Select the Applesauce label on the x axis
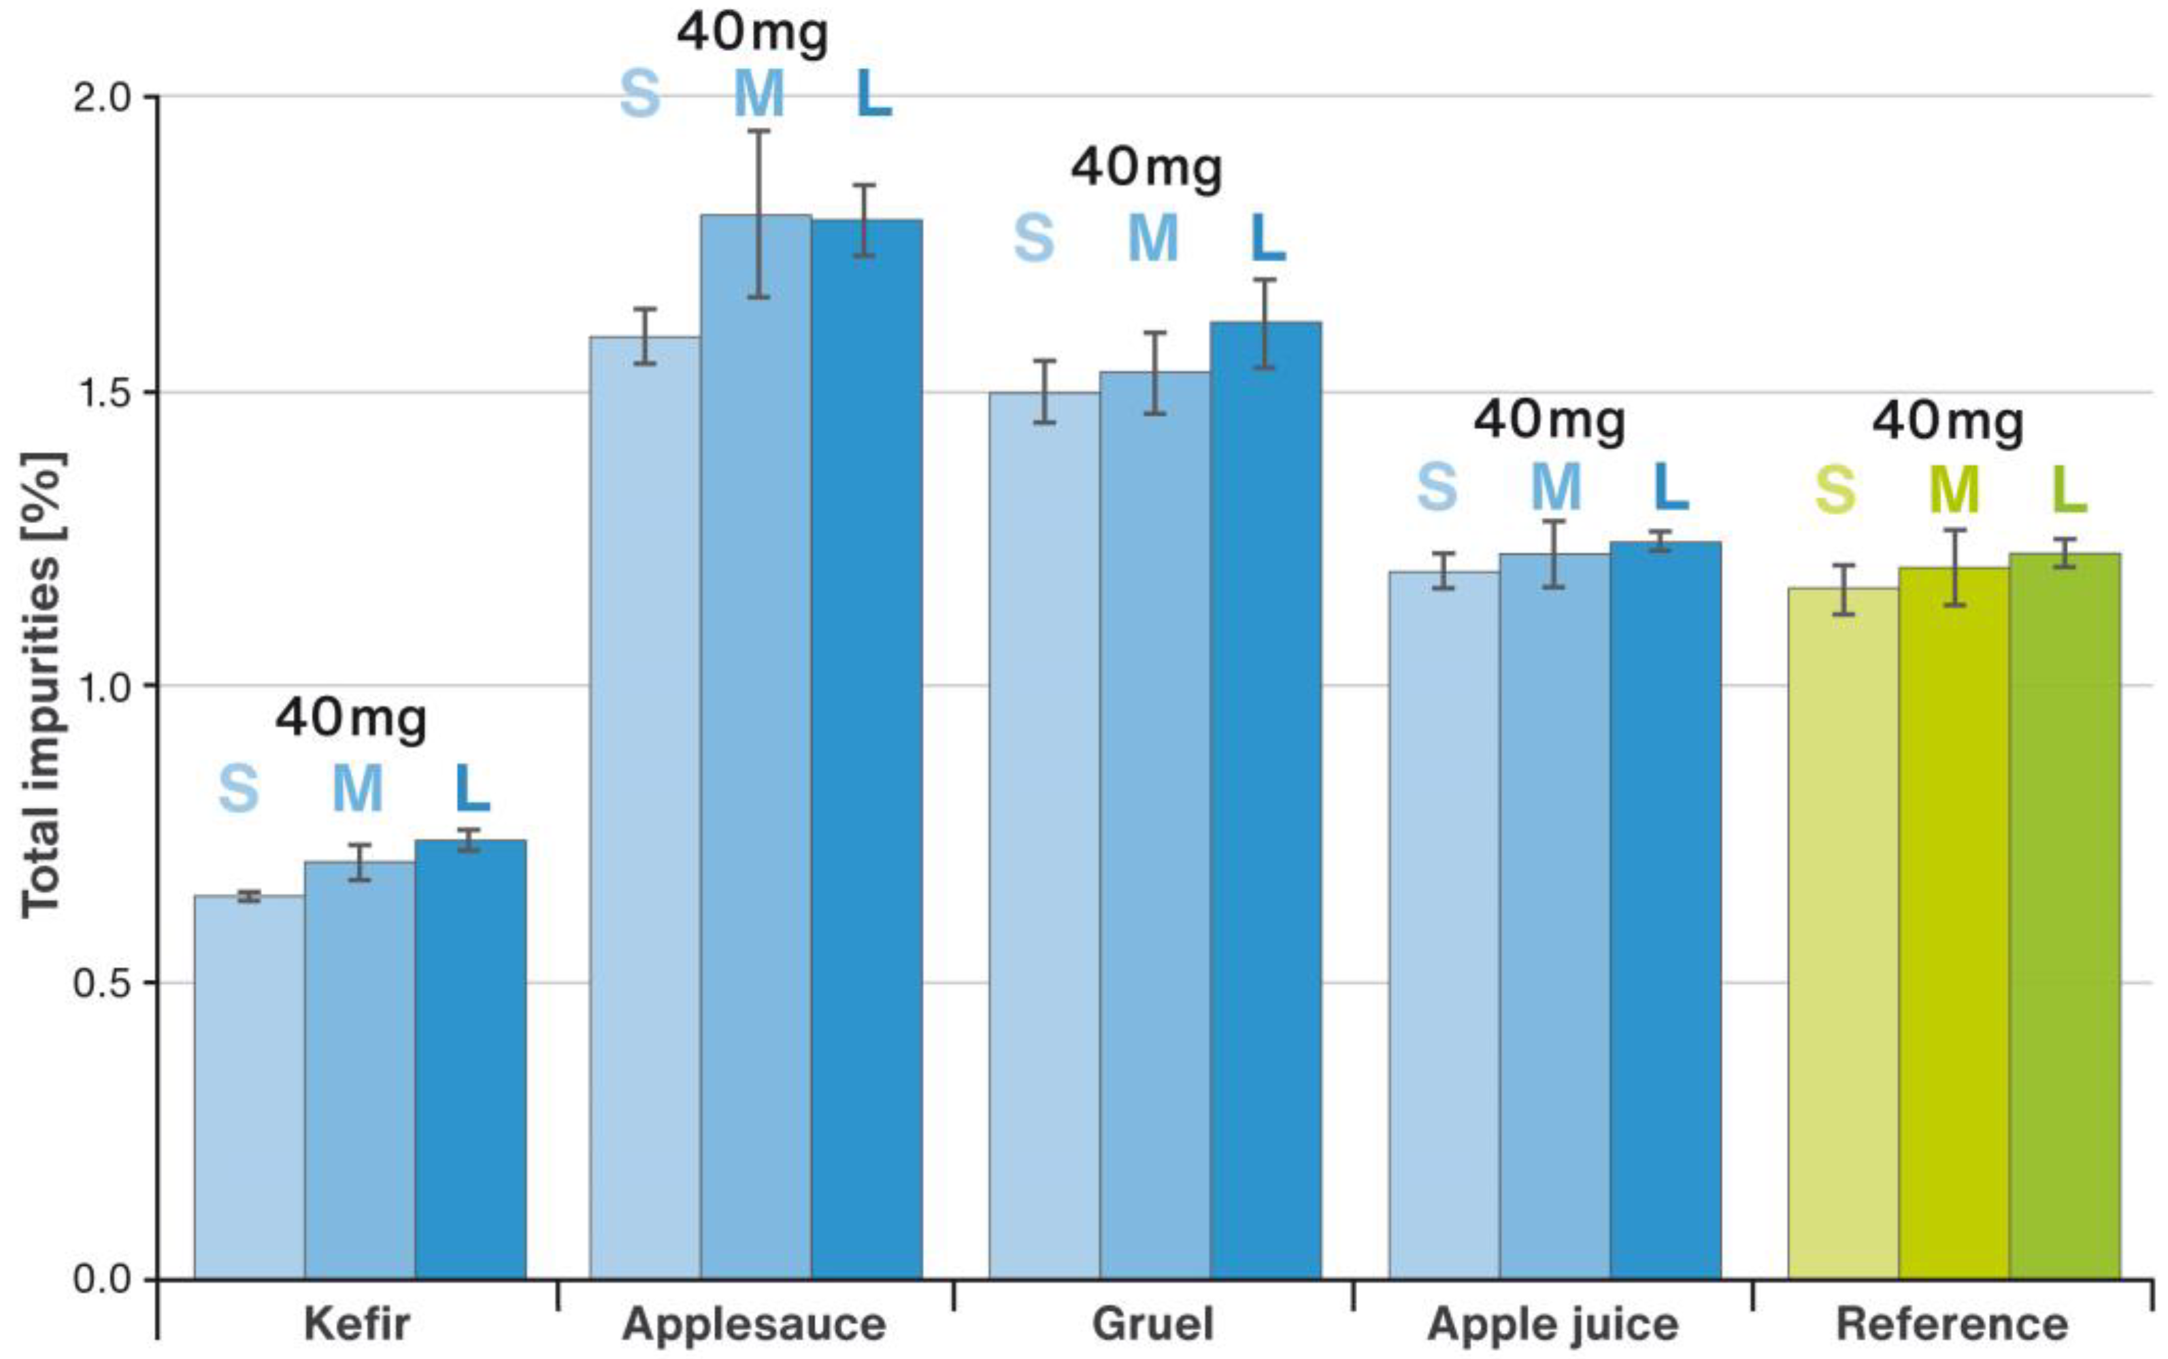click(754, 1324)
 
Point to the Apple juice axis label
click(1552, 1324)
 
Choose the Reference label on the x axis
click(1952, 1324)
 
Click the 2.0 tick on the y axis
click(103, 97)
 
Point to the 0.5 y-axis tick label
click(103, 982)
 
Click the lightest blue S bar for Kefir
click(249, 1088)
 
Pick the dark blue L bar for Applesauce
click(867, 746)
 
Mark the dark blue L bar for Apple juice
click(1665, 908)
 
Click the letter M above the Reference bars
click(1953, 490)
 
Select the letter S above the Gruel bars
click(1034, 238)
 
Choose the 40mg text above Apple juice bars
click(1549, 420)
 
